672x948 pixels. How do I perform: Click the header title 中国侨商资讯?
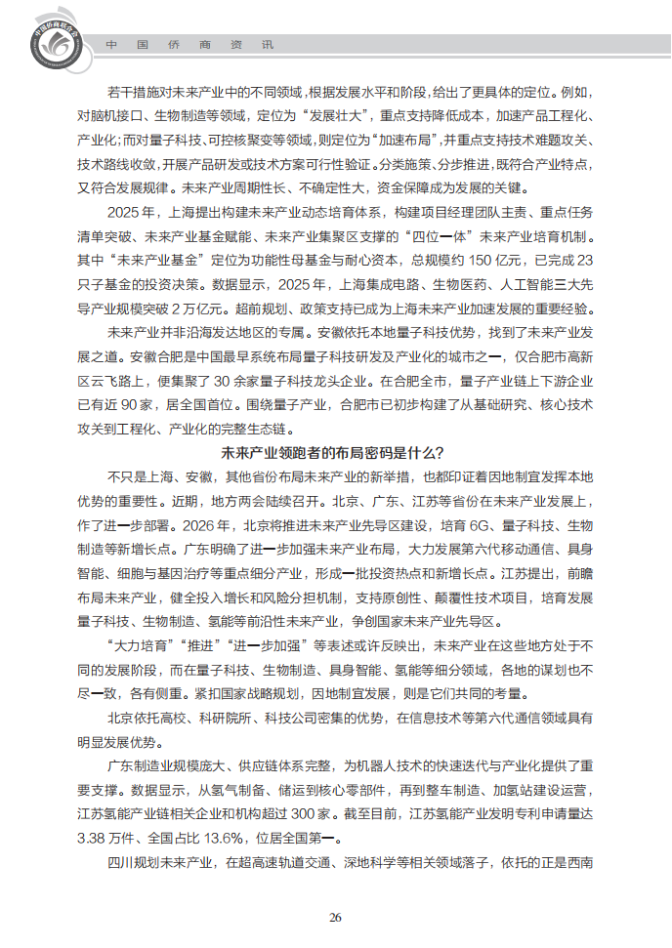coord(189,45)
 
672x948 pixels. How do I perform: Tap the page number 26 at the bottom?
coord(335,917)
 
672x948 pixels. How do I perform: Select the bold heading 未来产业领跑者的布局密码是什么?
coord(334,453)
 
